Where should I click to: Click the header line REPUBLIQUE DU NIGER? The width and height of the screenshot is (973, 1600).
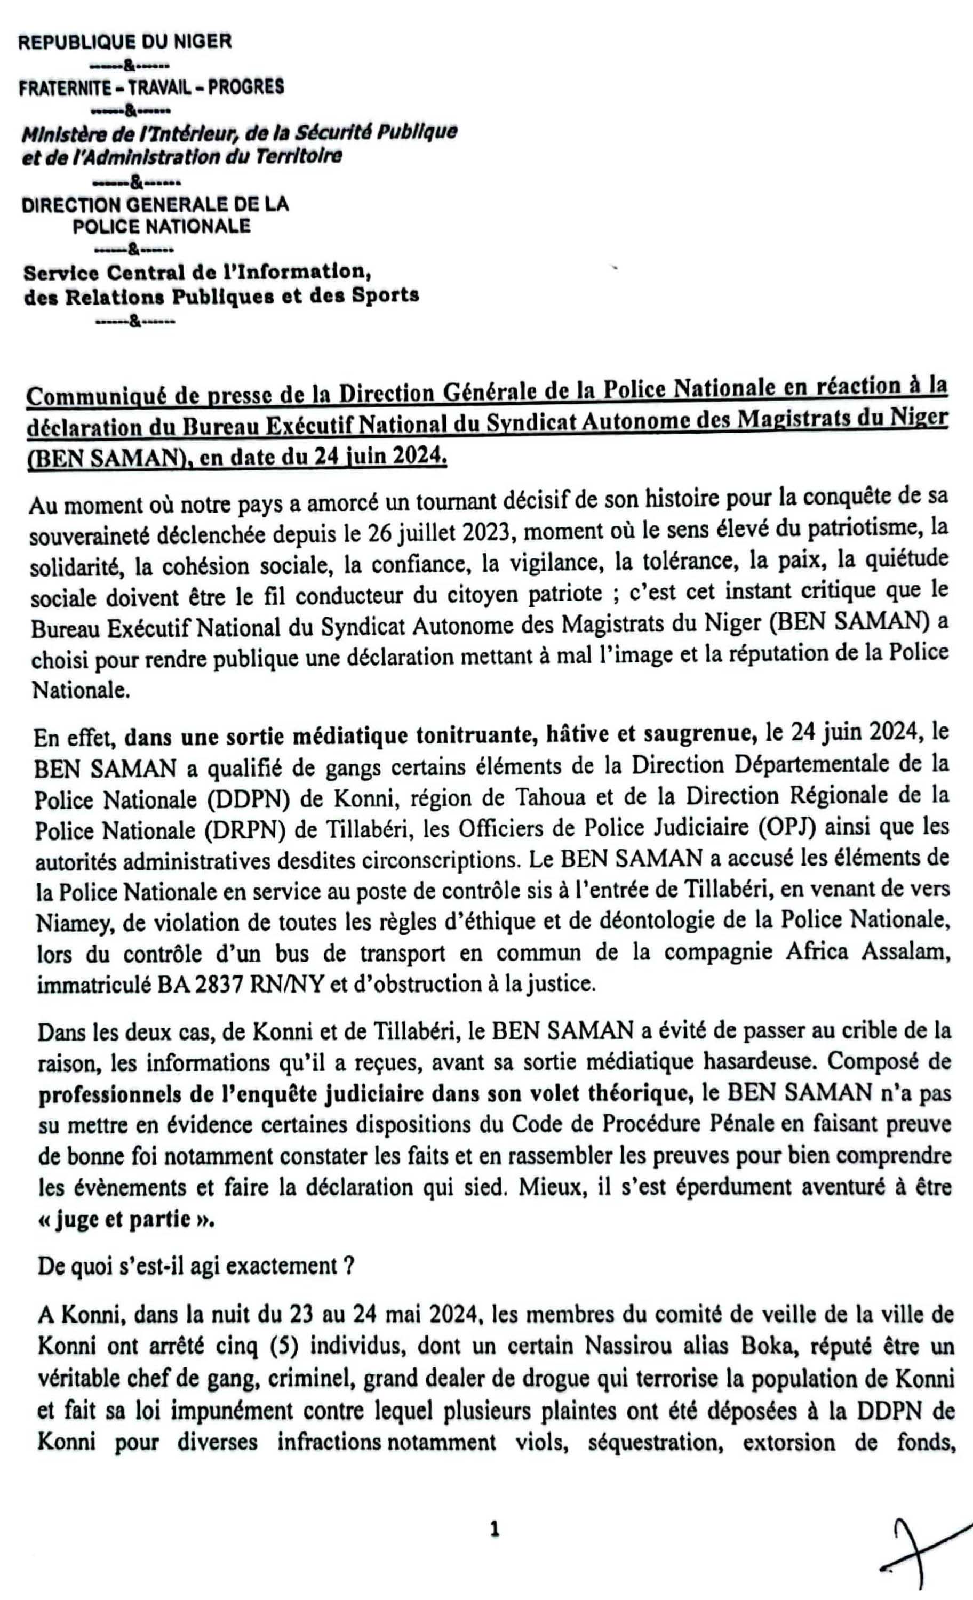point(124,42)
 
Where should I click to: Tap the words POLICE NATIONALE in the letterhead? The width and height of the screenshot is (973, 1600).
point(161,227)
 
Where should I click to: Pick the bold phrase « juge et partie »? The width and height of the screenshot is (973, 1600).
point(125,1219)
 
